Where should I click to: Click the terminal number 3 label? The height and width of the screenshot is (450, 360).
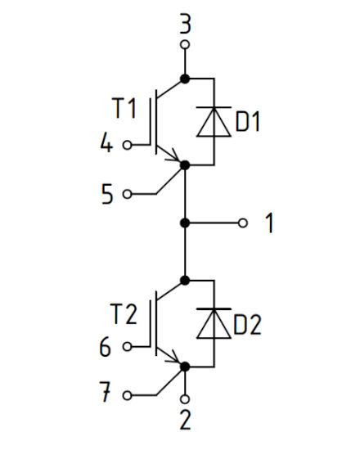pyautogui.click(x=185, y=25)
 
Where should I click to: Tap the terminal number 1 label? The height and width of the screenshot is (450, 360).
pyautogui.click(x=269, y=223)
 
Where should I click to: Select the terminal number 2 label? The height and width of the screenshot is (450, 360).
pyautogui.click(x=186, y=421)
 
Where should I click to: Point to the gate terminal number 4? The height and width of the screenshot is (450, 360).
pyautogui.click(x=106, y=145)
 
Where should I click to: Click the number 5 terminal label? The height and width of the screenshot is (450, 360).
pyautogui.click(x=106, y=194)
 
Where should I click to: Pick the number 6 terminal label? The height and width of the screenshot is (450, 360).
pyautogui.click(x=106, y=346)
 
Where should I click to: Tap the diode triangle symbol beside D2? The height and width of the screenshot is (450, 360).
pyautogui.click(x=213, y=324)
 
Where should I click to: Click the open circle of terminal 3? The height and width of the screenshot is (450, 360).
pyautogui.click(x=185, y=44)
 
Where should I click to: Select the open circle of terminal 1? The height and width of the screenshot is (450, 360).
pyautogui.click(x=241, y=223)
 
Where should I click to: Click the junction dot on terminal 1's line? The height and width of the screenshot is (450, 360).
pyautogui.click(x=185, y=223)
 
